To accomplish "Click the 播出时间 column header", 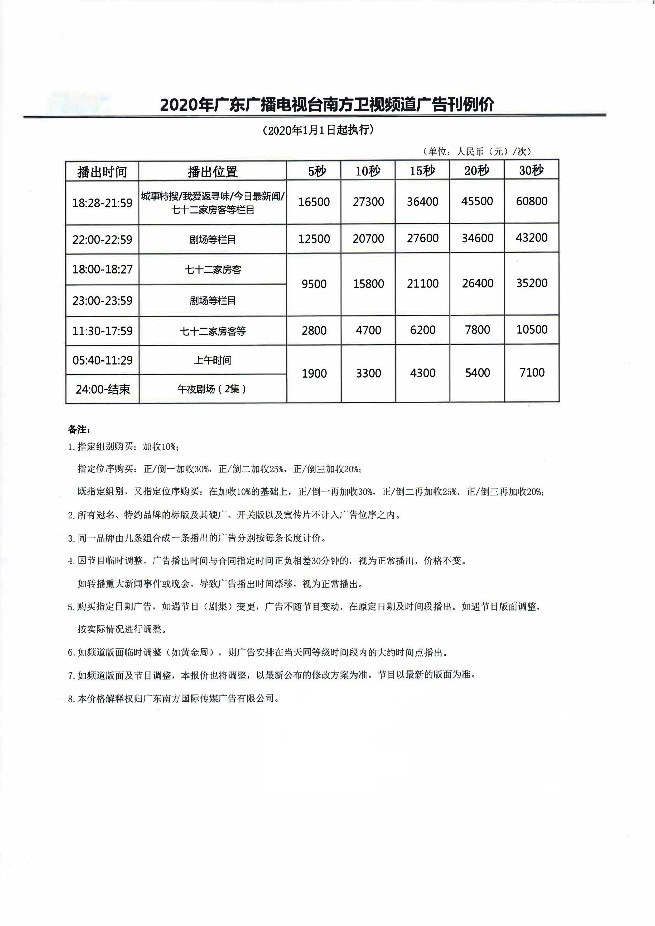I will (102, 172).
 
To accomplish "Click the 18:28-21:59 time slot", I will (102, 203).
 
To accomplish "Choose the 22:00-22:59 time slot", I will (102, 240).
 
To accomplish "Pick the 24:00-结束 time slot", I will (103, 389).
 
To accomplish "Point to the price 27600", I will (422, 238).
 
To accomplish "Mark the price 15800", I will (368, 284).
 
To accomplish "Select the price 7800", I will (477, 330).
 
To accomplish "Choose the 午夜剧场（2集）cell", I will (212, 389).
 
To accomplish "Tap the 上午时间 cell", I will (213, 360).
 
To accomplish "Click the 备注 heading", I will (79, 429).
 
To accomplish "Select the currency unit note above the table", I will (477, 151).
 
